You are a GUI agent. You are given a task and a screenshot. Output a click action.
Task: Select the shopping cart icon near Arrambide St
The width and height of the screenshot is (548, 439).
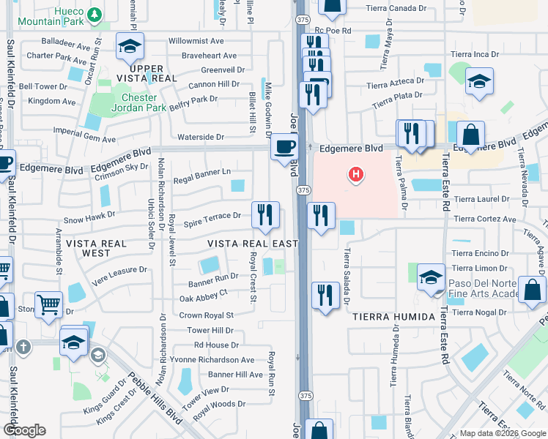coord(48,304)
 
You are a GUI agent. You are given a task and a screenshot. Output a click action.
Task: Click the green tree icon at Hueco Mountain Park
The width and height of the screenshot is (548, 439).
coord(94,14)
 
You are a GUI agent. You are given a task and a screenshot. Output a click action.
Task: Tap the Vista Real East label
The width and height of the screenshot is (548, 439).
coord(252,244)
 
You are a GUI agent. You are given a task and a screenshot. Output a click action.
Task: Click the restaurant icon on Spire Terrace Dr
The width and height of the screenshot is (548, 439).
coord(265,214)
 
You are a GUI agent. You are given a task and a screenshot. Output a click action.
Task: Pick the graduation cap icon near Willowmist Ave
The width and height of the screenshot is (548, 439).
coord(130,47)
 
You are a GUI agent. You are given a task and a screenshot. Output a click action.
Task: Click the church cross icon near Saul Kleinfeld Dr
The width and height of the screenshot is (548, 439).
coord(23,347)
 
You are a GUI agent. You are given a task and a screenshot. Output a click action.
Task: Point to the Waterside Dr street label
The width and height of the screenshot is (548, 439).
coord(200,137)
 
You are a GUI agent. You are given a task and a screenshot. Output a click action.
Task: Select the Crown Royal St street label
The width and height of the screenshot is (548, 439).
coord(206,315)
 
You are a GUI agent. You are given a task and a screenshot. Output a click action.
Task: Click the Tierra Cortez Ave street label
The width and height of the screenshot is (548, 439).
coord(484,219)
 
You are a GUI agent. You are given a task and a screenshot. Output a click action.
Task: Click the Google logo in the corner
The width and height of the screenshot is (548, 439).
coord(24,430)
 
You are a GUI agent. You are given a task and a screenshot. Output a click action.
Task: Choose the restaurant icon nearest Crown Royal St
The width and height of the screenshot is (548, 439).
coord(325,294)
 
